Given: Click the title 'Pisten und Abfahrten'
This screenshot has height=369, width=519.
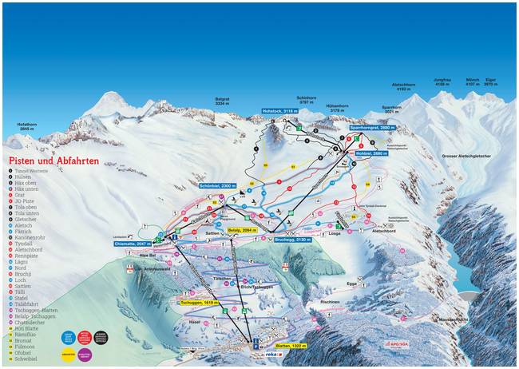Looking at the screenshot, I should [x=55, y=160].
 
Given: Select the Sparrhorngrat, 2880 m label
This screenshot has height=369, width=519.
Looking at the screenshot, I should [x=373, y=128].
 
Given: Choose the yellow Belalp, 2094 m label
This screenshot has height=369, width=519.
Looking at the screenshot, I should [x=245, y=229].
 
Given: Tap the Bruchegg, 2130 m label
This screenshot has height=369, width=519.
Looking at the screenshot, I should [x=291, y=239].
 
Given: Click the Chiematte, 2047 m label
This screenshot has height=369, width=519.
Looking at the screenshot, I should [x=132, y=243].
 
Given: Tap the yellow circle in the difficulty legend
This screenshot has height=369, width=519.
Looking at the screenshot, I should [x=67, y=353].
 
